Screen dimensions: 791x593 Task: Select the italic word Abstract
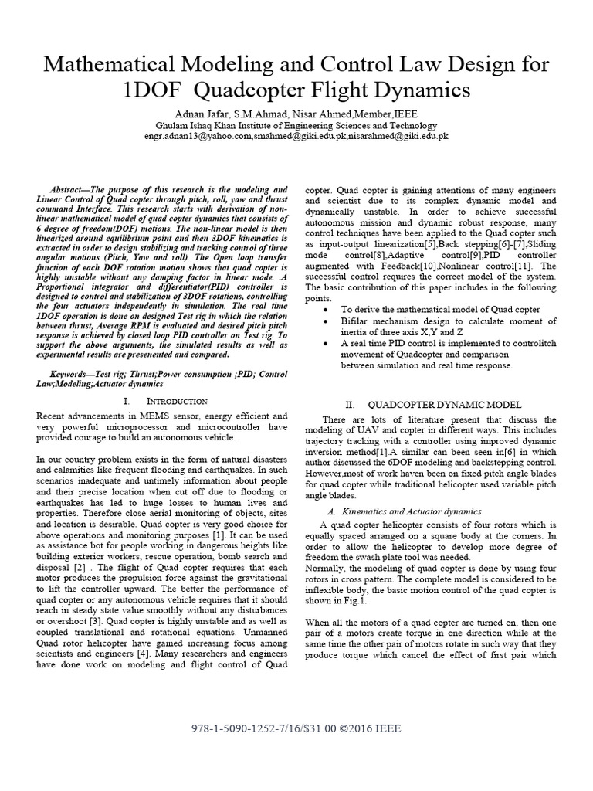coord(70,189)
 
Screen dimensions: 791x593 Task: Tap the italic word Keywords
coord(71,373)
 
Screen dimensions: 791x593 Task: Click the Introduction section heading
coord(177,401)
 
